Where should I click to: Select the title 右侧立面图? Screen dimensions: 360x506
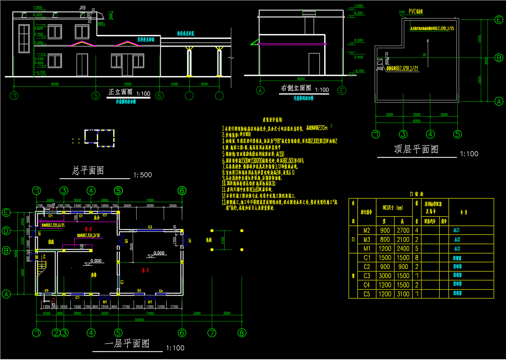[296, 88]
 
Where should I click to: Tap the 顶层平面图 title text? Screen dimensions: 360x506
[416, 149]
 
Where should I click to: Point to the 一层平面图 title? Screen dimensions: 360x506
[126, 344]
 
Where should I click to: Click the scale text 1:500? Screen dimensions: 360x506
[142, 175]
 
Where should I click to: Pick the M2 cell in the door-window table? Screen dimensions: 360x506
[367, 230]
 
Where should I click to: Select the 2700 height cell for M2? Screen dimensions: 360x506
[404, 230]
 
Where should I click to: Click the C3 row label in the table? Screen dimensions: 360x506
[367, 276]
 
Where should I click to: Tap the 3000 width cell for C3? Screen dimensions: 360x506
[385, 276]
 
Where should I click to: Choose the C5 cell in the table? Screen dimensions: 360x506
[367, 294]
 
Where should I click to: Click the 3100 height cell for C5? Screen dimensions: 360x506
[404, 294]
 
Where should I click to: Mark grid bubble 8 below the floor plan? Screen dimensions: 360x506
[241, 333]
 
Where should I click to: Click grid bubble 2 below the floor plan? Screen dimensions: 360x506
[56, 333]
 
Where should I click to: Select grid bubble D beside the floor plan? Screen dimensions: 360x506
[6, 230]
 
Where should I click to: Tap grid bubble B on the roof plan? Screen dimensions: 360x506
[498, 57]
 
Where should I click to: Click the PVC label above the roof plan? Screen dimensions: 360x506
[416, 11]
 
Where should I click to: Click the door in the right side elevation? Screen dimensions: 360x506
[314, 64]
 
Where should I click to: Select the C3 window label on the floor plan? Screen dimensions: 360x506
[150, 227]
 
